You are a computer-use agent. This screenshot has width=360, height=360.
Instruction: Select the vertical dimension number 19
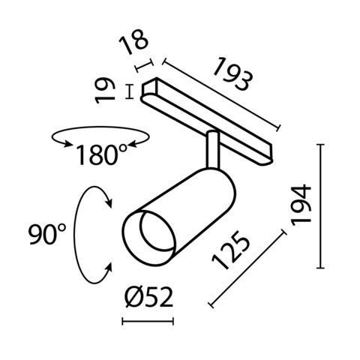click(x=109, y=91)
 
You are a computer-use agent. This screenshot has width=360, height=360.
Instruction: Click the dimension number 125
click(x=234, y=250)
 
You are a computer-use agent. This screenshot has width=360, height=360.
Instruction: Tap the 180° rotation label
click(x=101, y=155)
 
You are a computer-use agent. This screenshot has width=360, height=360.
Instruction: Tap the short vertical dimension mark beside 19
click(x=132, y=91)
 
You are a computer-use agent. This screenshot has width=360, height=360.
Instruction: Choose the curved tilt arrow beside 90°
click(x=91, y=234)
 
